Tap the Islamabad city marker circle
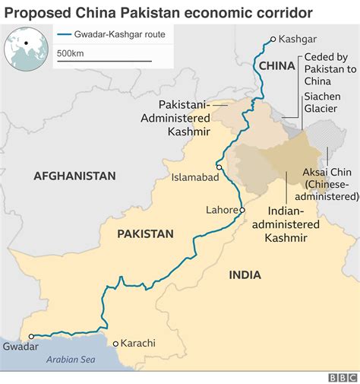tap(219, 167)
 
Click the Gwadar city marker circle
tap(31, 335)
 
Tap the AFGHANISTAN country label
tap(74, 176)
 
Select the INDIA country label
tap(245, 275)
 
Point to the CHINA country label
tap(276, 67)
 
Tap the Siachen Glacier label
tap(327, 103)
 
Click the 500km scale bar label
tap(70, 53)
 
